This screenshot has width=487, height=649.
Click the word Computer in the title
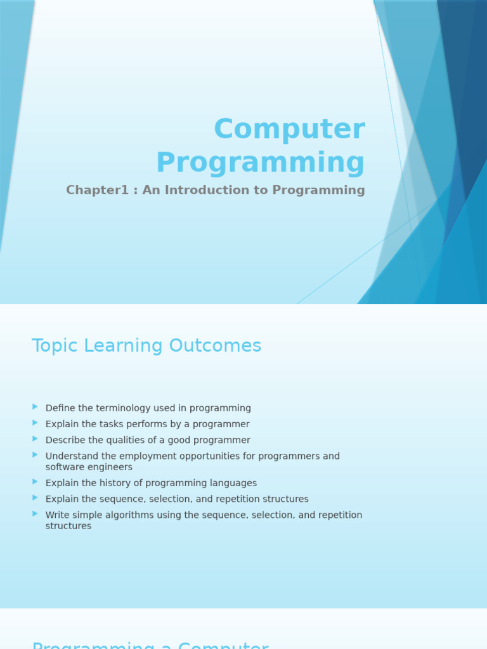289,129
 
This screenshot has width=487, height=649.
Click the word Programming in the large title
260,163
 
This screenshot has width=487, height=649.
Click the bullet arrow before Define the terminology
36,407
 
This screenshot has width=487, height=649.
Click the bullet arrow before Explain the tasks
36,423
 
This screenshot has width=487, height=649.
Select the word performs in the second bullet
146,424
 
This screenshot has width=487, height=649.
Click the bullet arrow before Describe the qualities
36,439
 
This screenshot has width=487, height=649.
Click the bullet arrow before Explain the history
36,482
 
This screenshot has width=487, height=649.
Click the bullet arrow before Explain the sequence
36,498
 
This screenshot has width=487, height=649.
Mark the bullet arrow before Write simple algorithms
36,513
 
